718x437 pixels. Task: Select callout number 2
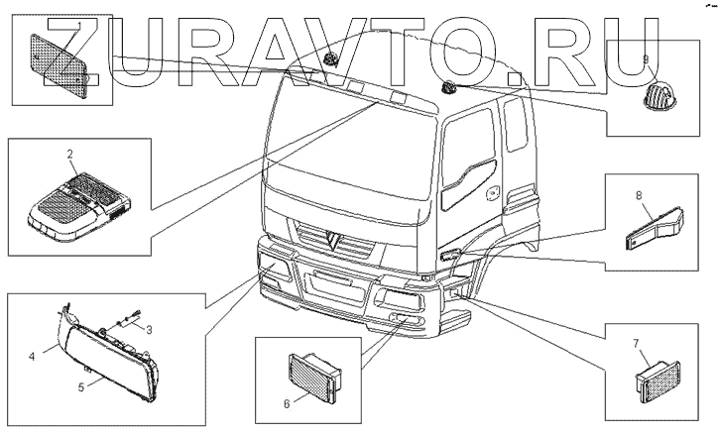(x=70, y=154)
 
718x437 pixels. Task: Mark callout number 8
(x=639, y=197)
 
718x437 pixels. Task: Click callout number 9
(x=646, y=59)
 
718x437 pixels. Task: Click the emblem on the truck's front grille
(x=331, y=239)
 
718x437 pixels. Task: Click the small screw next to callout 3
(x=126, y=319)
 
